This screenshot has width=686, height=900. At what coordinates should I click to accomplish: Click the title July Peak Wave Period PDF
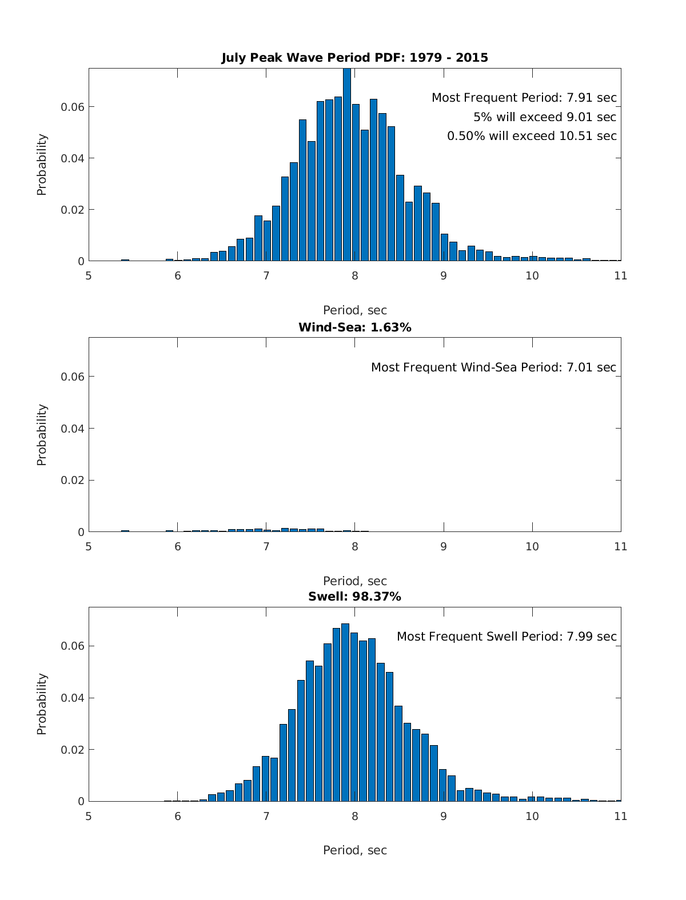pos(354,58)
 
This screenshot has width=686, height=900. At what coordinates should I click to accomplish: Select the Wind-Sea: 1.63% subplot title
pos(354,327)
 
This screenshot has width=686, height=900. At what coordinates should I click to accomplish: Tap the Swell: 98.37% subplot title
pos(354,597)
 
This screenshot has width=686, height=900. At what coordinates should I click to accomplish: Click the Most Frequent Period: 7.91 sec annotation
pos(524,98)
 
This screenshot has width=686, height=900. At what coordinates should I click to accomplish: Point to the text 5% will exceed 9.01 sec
pos(544,117)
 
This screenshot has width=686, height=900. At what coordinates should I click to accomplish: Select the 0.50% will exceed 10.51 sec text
pos(532,136)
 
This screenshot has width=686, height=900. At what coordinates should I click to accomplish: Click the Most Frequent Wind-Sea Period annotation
pos(493,367)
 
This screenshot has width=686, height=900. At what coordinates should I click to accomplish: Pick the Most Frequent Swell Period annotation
pos(506,637)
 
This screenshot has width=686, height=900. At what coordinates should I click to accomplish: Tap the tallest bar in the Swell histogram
pos(345,712)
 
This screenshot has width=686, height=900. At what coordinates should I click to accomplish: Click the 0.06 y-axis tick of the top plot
pos(73,107)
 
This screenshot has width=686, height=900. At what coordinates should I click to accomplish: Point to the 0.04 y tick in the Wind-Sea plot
pos(73,428)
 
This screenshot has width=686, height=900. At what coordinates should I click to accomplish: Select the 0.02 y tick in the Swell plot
pos(73,749)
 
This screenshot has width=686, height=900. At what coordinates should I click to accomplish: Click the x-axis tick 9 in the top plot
pos(444,275)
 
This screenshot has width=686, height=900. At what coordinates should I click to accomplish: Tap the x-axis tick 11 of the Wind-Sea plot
pos(621,546)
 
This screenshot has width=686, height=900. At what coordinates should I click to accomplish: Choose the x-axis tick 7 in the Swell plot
pos(266,816)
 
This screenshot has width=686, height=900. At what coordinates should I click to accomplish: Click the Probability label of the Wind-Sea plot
pos(42,435)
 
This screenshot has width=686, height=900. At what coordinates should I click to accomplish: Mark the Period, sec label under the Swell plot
pos(354,850)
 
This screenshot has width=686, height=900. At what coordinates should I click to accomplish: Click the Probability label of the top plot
pos(42,165)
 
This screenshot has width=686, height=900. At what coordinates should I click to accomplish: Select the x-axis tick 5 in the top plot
pos(89,275)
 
